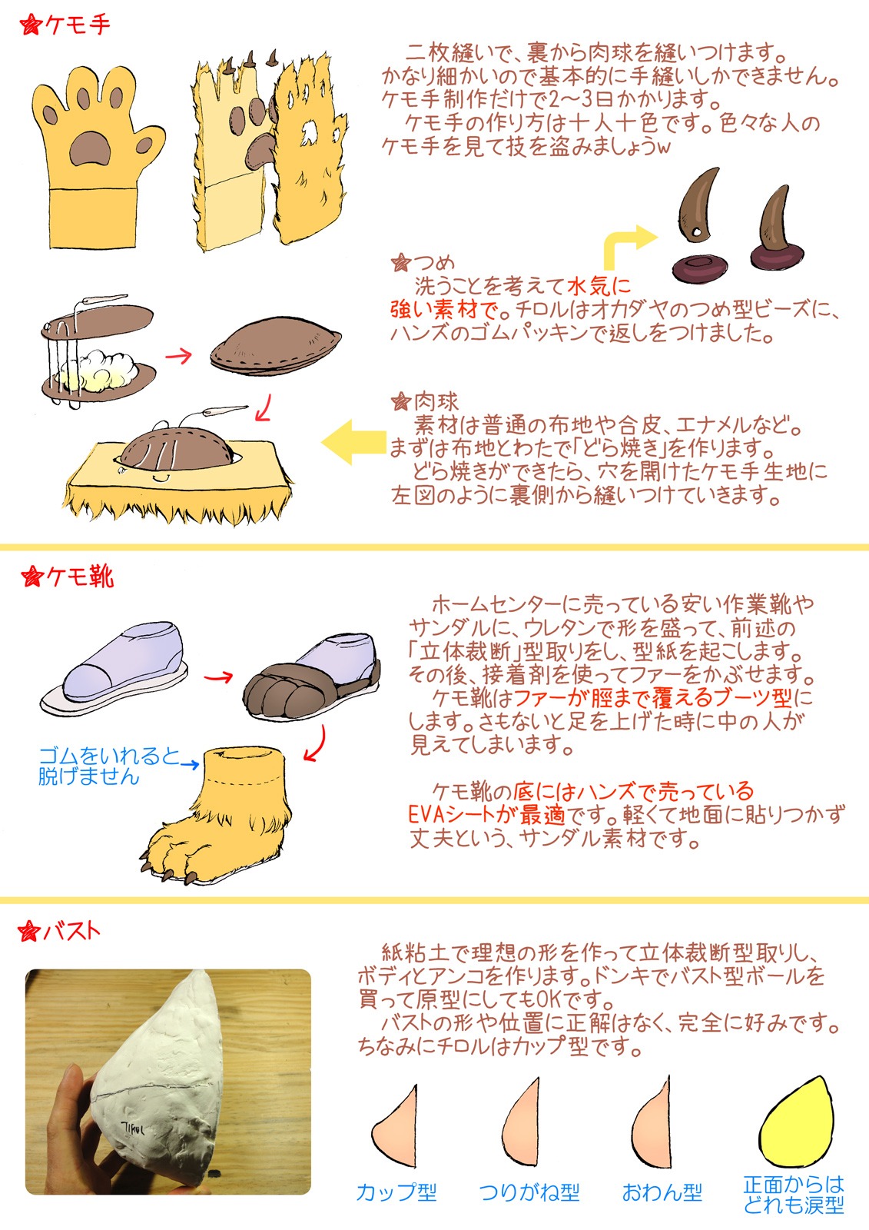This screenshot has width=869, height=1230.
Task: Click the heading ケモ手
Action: [77, 25]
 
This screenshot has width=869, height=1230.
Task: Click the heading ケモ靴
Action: [80, 577]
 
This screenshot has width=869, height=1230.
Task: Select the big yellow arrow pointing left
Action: [353, 442]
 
